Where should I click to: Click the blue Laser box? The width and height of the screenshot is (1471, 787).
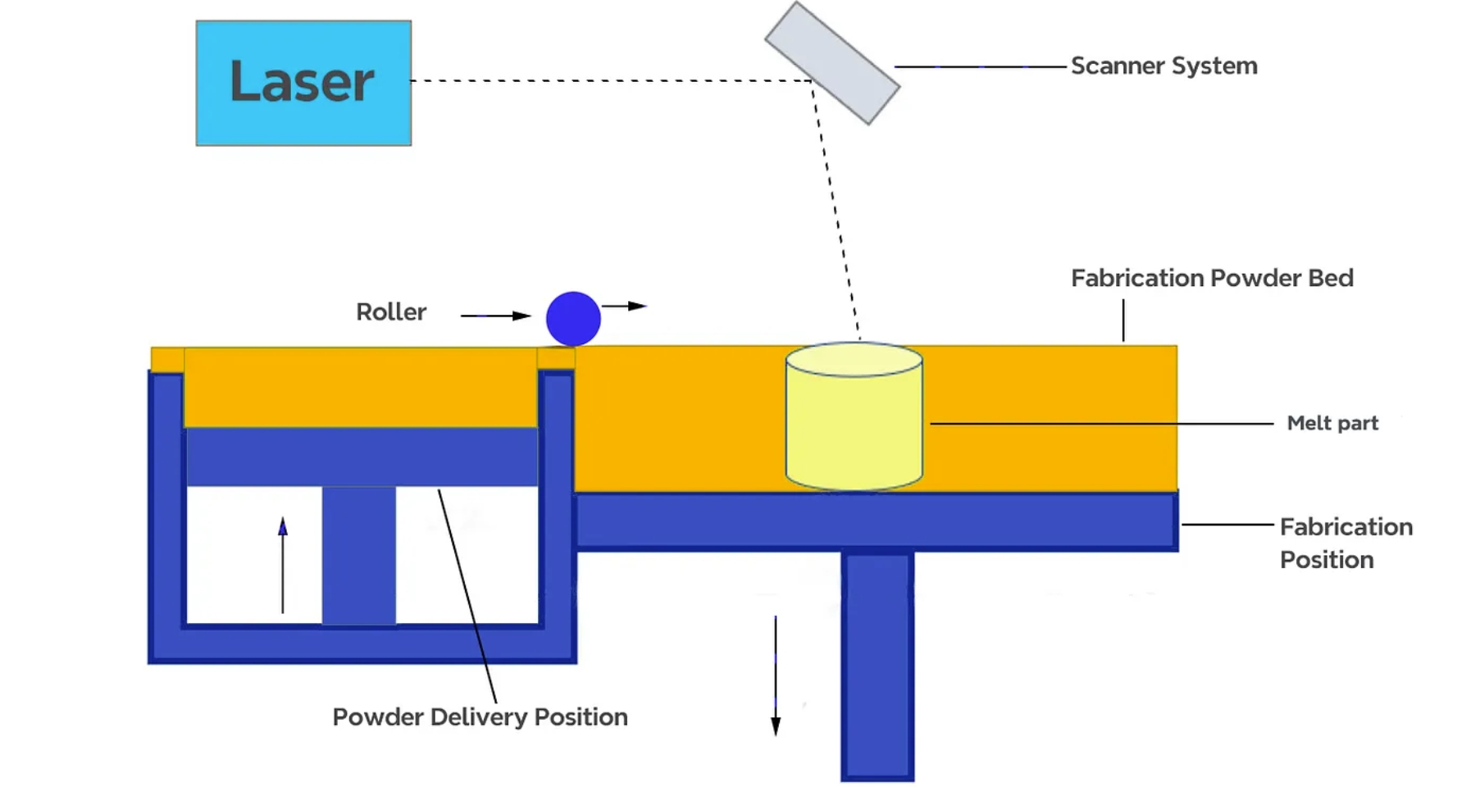(303, 83)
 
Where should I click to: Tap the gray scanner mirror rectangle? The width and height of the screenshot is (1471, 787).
(831, 63)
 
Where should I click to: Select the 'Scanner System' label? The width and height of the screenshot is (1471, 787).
(1163, 66)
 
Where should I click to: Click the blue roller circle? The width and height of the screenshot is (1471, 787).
(573, 319)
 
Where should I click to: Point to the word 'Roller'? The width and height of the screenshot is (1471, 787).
(391, 312)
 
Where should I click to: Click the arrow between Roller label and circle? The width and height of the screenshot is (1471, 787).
(495, 316)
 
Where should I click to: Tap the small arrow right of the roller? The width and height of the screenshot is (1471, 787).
(625, 306)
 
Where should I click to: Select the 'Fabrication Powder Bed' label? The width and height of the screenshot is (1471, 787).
(1211, 278)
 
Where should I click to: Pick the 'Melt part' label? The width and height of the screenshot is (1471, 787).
(1332, 423)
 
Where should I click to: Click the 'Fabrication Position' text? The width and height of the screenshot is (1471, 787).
(1345, 543)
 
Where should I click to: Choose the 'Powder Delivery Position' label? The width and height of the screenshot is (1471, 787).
(480, 716)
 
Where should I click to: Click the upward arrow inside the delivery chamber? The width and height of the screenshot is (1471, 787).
(283, 565)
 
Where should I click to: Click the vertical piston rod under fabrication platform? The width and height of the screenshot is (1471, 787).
(877, 664)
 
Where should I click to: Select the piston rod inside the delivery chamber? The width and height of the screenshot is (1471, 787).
(358, 555)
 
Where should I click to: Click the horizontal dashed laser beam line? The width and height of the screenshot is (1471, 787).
(611, 80)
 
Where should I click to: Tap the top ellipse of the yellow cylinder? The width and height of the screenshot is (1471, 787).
(854, 360)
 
